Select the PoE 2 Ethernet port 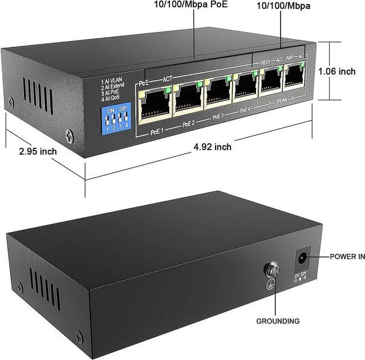pyautogui.click(x=188, y=98)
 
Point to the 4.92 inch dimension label pyautogui.click(x=212, y=147)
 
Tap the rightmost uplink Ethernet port pyautogui.click(x=293, y=78)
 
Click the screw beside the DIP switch pyautogui.click(x=70, y=136)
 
